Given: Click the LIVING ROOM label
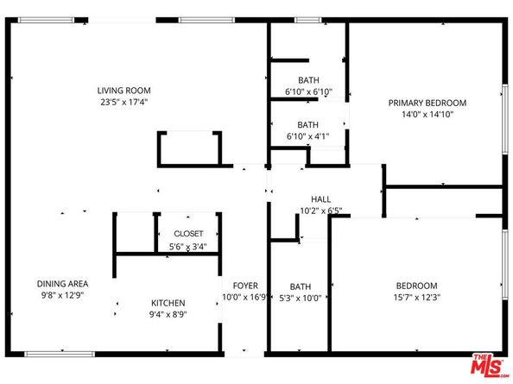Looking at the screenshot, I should (124, 90).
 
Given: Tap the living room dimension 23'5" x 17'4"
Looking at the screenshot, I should (124, 101).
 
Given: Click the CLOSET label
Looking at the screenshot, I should (188, 234).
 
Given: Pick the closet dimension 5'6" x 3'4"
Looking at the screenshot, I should (188, 247).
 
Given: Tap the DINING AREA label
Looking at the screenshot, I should (62, 283).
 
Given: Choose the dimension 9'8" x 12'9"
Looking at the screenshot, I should (62, 295).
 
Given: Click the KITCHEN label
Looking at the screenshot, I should (168, 303).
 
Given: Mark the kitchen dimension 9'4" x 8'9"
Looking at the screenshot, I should (168, 315).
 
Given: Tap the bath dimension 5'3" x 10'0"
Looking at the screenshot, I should (300, 298).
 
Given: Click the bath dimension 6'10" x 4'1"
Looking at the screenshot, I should (308, 135).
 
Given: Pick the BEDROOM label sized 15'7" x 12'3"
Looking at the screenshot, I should (416, 286).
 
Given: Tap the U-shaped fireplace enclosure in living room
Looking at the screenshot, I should (188, 148).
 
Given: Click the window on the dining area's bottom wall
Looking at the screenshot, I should (60, 354).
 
